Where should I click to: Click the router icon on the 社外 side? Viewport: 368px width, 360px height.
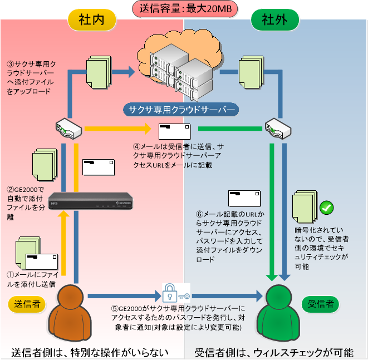(277, 129)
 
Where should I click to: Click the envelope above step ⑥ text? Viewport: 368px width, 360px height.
(244, 199)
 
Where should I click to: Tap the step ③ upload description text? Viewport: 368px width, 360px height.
(31, 77)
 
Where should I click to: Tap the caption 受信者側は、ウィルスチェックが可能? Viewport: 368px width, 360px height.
(274, 352)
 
